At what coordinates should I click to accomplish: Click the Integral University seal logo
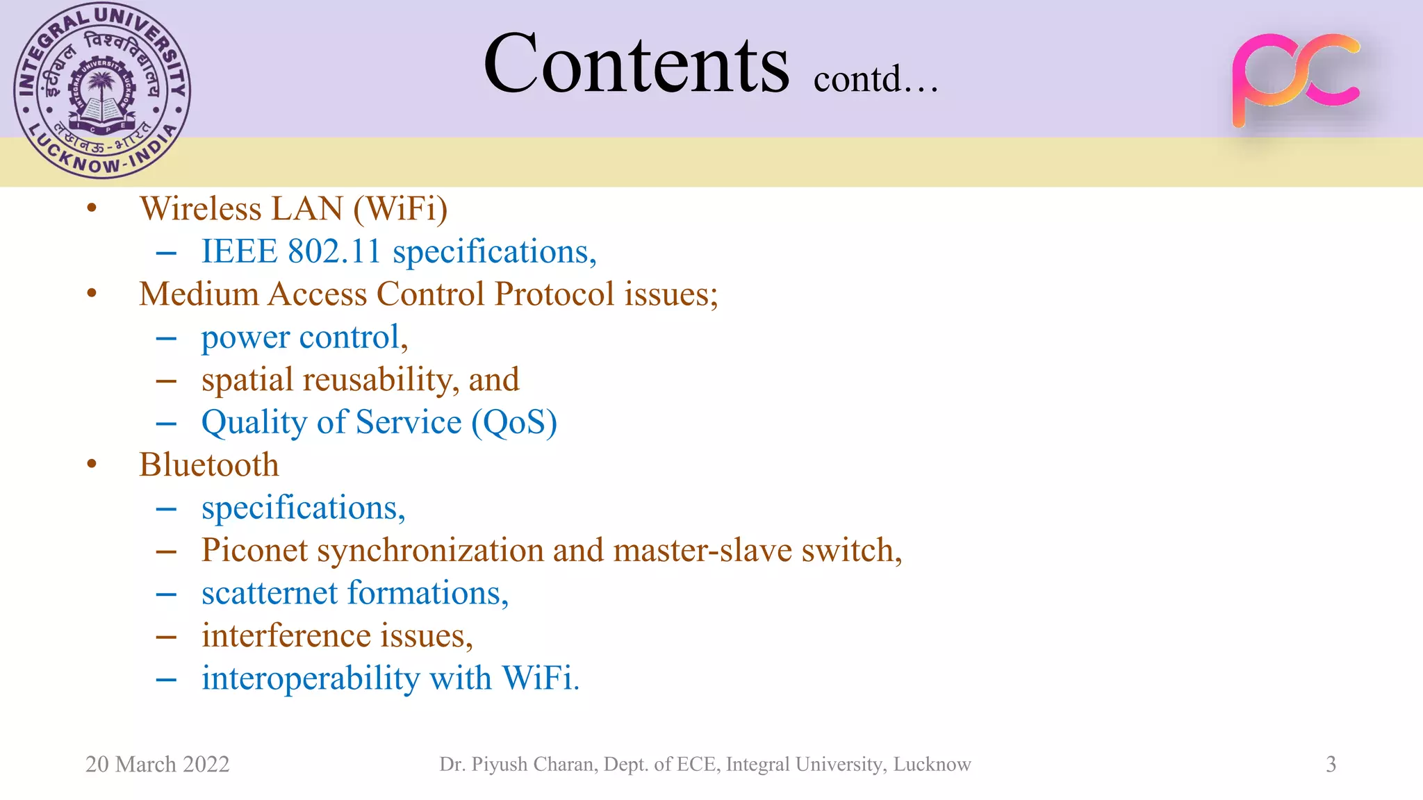click(x=102, y=91)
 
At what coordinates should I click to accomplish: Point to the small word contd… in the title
click(x=875, y=79)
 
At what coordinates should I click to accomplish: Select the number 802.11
click(x=334, y=251)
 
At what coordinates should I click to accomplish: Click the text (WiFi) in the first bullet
click(x=400, y=209)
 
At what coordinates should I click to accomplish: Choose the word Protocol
click(x=554, y=294)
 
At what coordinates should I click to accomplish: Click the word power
click(x=245, y=338)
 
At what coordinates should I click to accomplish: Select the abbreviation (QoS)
click(x=514, y=423)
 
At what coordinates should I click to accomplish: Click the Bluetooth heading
click(x=208, y=465)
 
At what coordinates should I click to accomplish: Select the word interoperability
click(x=311, y=678)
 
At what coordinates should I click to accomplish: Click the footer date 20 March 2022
click(x=157, y=765)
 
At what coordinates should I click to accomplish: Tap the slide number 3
click(x=1331, y=765)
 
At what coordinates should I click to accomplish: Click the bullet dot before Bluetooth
click(x=92, y=465)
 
